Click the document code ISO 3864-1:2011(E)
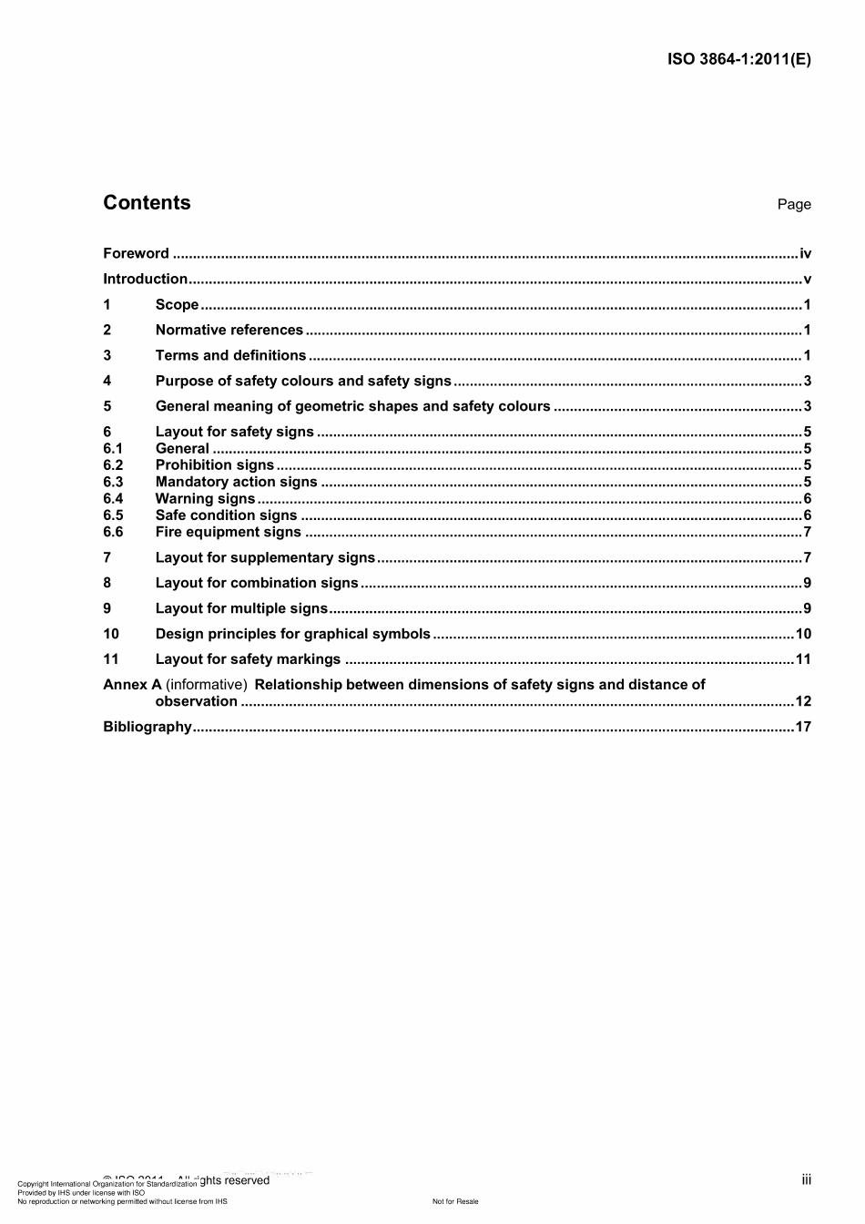click(x=738, y=60)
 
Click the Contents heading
click(x=147, y=203)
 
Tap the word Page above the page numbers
click(x=794, y=205)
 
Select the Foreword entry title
click(x=136, y=254)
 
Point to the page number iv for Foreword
click(x=805, y=254)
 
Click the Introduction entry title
click(x=145, y=280)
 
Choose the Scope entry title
click(x=177, y=305)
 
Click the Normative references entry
click(x=229, y=331)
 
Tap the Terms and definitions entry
click(x=230, y=356)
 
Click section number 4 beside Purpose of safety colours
click(x=107, y=382)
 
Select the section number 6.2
click(x=113, y=465)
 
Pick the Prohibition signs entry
click(x=214, y=465)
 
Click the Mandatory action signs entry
click(x=236, y=483)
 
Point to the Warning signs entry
click(x=205, y=499)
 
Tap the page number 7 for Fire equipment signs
click(x=807, y=533)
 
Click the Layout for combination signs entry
click(x=257, y=584)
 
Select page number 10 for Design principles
click(x=803, y=635)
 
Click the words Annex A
click(x=132, y=685)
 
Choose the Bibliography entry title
click(x=148, y=727)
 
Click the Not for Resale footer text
click(x=455, y=1202)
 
